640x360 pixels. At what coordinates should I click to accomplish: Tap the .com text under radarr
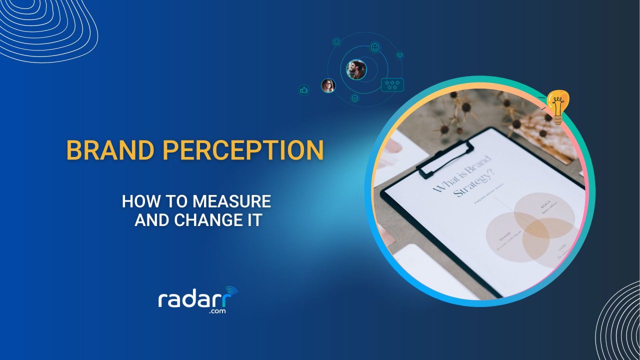coord(217,311)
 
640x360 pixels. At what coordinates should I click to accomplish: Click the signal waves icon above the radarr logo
coord(231,291)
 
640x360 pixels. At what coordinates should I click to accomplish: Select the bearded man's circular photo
coord(356,70)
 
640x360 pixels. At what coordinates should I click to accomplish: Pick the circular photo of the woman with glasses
coord(328,86)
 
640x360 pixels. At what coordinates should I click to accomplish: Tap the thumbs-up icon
coord(303,90)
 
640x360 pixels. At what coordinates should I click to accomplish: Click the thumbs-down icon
coord(399,55)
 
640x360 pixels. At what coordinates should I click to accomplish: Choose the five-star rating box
coord(392,85)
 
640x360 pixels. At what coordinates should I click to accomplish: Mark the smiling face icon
coord(374,47)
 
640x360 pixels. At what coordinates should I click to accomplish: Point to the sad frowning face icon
coord(355,98)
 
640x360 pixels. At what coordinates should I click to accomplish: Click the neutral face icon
coord(336,42)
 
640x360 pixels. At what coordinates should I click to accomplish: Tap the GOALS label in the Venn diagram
coord(545,206)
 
